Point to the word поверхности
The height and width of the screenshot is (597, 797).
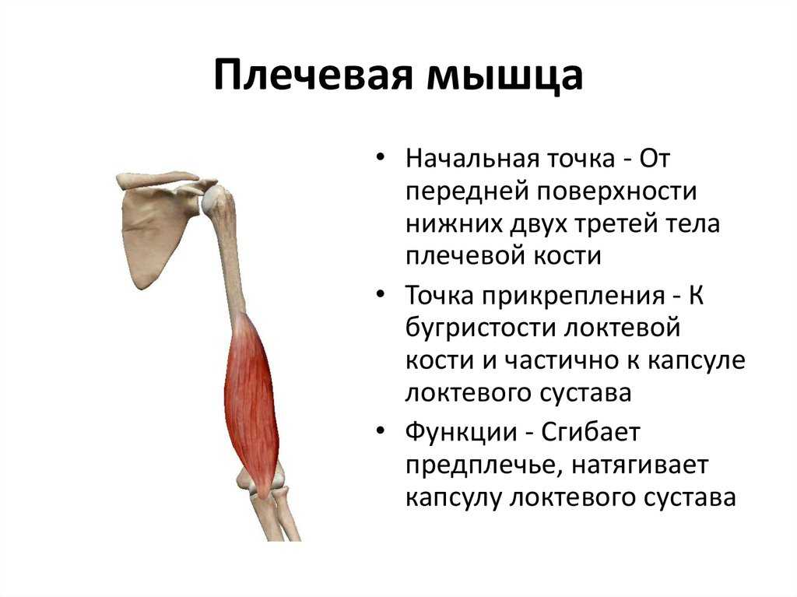click(x=616, y=193)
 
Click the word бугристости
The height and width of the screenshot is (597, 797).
click(x=480, y=328)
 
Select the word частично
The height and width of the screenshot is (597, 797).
click(x=560, y=360)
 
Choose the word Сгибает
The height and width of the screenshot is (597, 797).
click(x=591, y=432)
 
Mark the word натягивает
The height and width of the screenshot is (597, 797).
click(x=640, y=466)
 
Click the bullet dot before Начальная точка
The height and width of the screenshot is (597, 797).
click(x=381, y=156)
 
